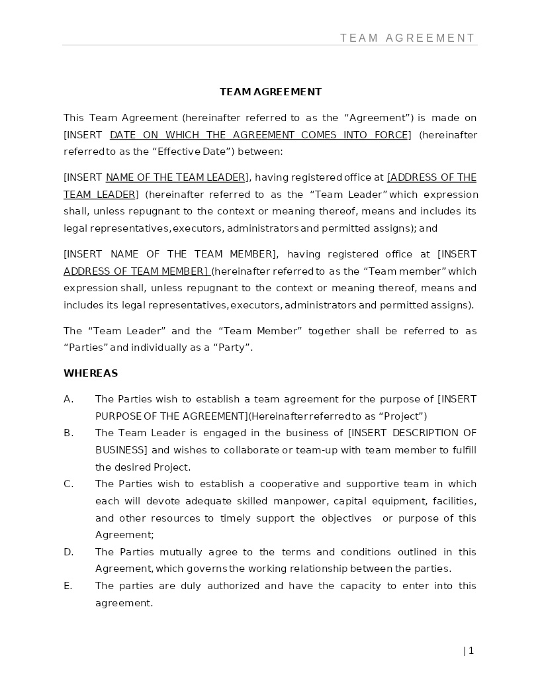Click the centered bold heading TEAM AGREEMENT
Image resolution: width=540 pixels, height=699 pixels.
click(271, 92)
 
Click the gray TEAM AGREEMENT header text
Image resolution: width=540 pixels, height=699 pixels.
click(408, 38)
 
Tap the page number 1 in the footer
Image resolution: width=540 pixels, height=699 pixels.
click(471, 651)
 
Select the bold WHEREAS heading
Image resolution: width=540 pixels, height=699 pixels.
click(91, 373)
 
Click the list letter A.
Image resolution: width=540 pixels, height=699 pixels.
click(68, 399)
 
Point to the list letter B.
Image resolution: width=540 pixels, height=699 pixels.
click(68, 433)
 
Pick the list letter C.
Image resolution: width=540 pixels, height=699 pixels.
click(68, 484)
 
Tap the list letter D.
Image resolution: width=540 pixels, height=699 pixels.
click(68, 552)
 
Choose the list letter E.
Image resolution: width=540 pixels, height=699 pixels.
click(68, 586)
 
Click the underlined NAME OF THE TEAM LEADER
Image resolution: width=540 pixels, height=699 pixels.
click(175, 177)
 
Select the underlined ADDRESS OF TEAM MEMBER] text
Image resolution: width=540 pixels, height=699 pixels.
click(136, 271)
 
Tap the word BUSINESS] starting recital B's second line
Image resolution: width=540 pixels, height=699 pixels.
click(121, 450)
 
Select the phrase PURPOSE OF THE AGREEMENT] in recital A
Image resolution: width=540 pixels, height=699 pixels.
click(171, 416)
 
